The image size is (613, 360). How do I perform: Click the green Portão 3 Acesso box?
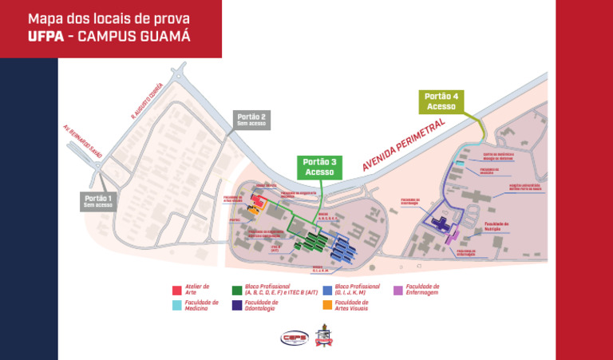pyautogui.click(x=320, y=167)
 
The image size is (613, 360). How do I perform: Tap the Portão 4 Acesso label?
pyautogui.click(x=440, y=101)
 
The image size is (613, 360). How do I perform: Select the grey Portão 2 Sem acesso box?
pyautogui.click(x=252, y=120)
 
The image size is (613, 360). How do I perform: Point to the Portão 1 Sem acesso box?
pyautogui.click(x=99, y=201)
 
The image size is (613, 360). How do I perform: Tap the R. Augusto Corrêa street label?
pyautogui.click(x=147, y=101)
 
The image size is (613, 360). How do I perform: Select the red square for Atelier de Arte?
pyautogui.click(x=178, y=289)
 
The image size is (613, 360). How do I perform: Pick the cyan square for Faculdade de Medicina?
pyautogui.click(x=178, y=304)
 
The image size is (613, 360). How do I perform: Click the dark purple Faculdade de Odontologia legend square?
pyautogui.click(x=237, y=304)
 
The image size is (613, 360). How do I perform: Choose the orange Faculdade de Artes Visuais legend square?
pyautogui.click(x=328, y=304)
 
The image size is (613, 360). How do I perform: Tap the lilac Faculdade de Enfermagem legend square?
pyautogui.click(x=398, y=289)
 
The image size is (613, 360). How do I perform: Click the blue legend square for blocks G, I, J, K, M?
pyautogui.click(x=328, y=289)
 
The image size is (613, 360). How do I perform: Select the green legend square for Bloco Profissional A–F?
pyautogui.click(x=237, y=289)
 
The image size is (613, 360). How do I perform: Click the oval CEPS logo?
pyautogui.click(x=295, y=338)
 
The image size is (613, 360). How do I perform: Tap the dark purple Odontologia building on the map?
pyautogui.click(x=438, y=224)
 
